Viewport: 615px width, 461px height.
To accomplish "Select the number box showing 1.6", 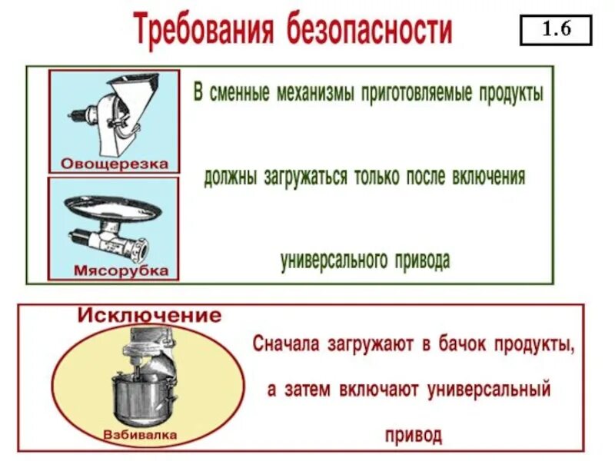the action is click(556, 32).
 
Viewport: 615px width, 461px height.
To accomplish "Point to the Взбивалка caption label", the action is click(139, 435).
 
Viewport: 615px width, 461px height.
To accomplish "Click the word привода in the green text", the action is click(420, 260).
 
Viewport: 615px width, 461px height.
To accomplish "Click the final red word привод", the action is click(414, 435).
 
